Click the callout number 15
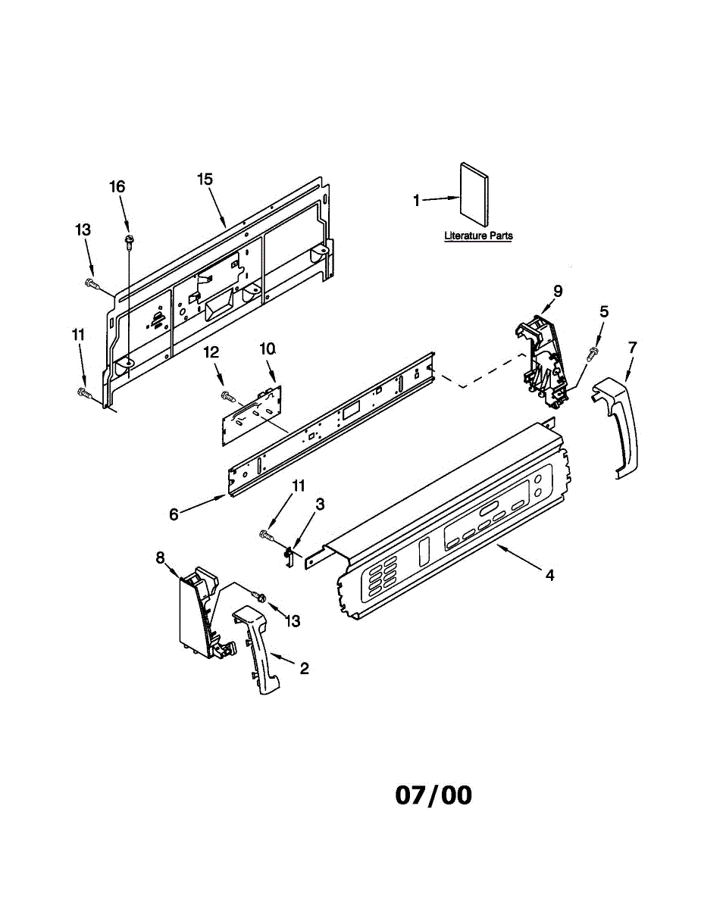(x=205, y=179)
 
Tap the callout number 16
(x=117, y=186)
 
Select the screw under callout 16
(x=128, y=241)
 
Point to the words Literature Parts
(x=478, y=236)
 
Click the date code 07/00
(x=433, y=795)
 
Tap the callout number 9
(x=558, y=290)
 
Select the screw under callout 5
(x=593, y=352)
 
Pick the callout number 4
(x=549, y=575)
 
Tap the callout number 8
(x=160, y=558)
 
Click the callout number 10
(x=267, y=348)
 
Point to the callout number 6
(x=174, y=514)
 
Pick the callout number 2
(x=304, y=668)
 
